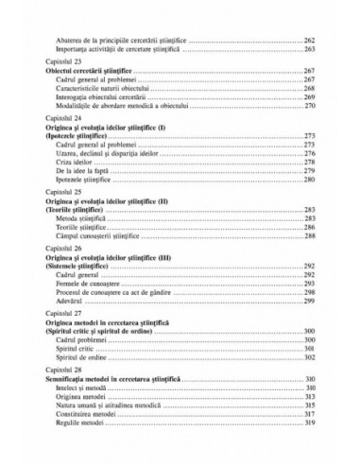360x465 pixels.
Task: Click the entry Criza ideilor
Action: (86, 163)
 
